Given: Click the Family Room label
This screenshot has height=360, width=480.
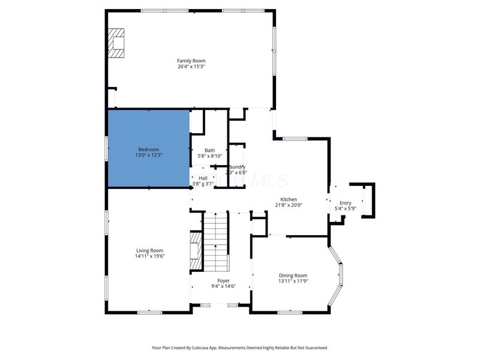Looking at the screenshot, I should point(191,61).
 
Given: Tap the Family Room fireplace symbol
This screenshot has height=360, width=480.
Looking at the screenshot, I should point(116,43).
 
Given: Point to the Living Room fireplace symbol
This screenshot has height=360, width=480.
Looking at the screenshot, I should point(195,253).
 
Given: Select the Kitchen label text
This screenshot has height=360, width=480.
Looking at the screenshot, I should point(289,200).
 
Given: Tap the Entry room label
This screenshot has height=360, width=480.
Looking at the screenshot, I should point(345,203).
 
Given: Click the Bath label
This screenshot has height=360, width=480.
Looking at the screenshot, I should point(209,151).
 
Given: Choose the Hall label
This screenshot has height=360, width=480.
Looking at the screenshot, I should point(203,178).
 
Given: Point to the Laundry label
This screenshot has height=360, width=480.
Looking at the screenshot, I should point(236,167).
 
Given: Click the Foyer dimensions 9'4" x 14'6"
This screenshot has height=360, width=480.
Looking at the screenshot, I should point(223,286).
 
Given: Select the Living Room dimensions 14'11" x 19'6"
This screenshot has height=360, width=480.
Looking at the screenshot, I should point(149,256).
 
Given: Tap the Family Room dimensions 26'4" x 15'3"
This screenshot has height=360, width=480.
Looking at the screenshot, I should point(191,67).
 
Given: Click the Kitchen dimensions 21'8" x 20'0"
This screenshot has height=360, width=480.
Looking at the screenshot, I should point(289,205).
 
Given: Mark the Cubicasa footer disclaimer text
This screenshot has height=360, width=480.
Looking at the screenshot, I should point(239,347).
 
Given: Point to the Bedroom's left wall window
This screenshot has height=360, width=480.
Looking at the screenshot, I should point(107,148).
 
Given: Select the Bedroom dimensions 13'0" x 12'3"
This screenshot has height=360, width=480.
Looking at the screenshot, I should point(149,155).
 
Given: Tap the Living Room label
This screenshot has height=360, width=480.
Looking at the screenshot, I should point(149,250).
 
